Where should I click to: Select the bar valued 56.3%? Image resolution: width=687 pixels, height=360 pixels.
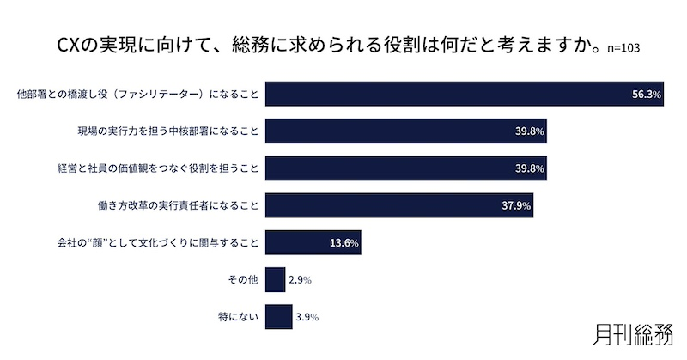click(464, 94)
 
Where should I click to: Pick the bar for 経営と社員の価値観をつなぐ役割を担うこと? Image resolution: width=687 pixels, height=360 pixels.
click(405, 168)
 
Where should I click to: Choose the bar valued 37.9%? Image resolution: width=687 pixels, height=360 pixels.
click(398, 205)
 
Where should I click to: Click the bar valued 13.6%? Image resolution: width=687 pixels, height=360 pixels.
click(313, 243)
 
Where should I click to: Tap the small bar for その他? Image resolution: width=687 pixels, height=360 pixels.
click(275, 280)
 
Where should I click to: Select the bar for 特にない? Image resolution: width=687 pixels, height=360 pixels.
click(278, 317)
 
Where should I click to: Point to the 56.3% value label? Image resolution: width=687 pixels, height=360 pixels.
click(646, 95)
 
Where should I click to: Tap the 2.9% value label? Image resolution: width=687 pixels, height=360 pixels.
click(299, 280)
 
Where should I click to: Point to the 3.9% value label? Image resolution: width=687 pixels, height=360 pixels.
click(307, 317)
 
